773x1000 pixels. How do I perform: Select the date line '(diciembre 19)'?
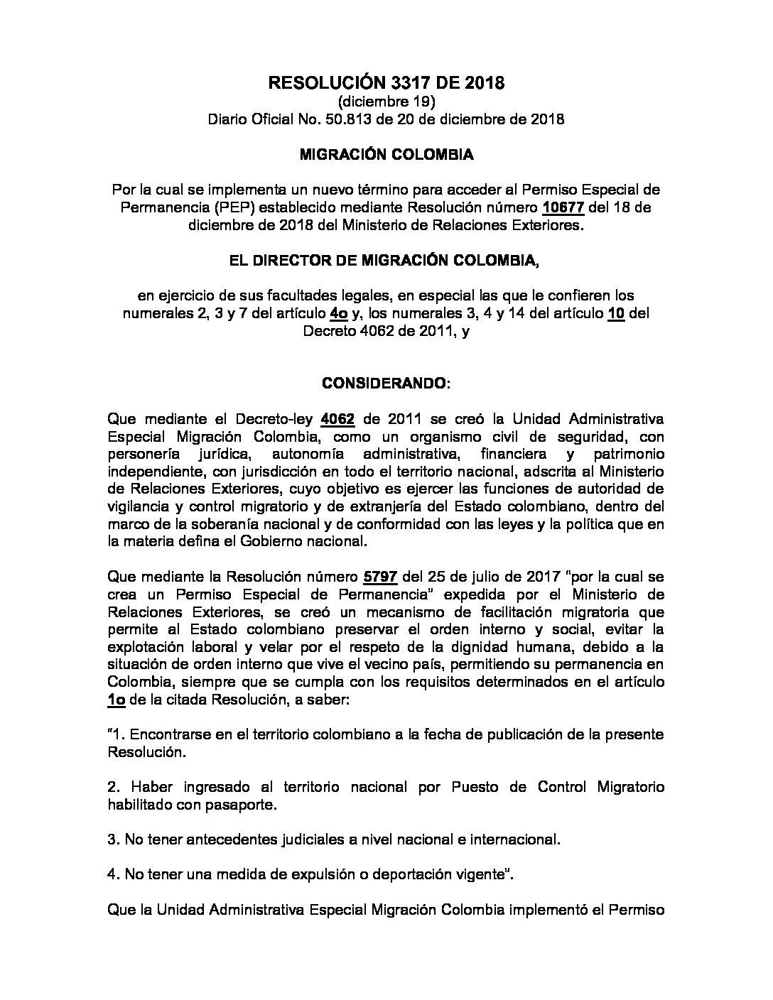tap(386, 102)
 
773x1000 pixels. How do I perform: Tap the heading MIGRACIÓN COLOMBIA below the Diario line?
tap(386, 154)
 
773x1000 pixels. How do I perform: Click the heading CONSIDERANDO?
tap(385, 384)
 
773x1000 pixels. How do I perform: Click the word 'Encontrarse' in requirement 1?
tap(169, 734)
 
